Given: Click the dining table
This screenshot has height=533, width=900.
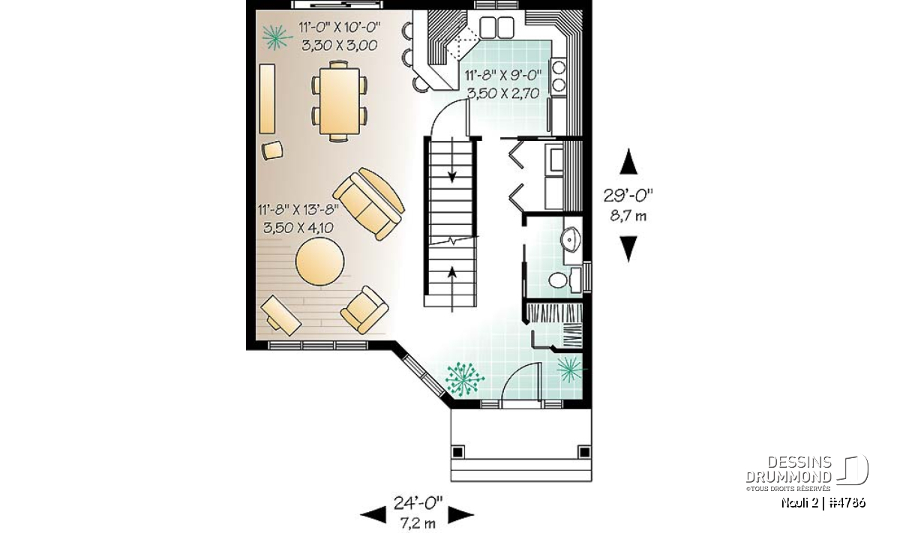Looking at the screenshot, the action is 340,101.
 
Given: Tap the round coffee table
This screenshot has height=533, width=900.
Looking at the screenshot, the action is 319,262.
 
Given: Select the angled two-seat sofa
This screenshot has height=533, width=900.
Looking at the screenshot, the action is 369,204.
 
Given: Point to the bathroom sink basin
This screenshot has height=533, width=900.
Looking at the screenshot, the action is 571,240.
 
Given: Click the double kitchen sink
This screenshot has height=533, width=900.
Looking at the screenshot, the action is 497,27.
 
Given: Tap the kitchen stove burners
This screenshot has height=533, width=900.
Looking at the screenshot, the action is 559,76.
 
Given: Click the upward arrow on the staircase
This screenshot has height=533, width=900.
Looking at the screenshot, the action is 452,289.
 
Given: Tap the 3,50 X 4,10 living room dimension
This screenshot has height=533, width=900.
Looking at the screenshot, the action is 298,228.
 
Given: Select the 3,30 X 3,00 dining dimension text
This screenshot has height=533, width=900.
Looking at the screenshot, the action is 340,46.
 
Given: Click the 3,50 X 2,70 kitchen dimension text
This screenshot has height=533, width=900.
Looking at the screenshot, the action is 503,93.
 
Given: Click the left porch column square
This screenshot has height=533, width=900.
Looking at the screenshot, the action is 457,452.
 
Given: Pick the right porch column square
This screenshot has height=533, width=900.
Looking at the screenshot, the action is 584,452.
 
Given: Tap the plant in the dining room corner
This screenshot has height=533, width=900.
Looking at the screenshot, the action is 277,37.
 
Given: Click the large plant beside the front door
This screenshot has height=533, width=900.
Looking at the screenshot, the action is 464,379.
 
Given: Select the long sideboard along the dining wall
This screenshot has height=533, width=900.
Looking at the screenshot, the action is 267,99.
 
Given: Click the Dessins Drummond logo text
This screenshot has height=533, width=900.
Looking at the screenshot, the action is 788,469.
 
